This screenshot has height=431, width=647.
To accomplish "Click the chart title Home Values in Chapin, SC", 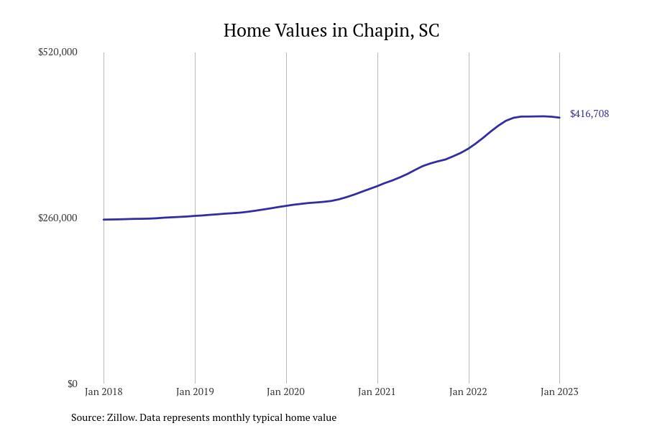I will tap(331, 30).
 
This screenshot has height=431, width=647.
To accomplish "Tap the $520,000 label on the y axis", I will tap(58, 52).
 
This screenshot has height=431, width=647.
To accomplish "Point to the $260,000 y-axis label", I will tap(58, 218).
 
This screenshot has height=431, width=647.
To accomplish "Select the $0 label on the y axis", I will tap(72, 384).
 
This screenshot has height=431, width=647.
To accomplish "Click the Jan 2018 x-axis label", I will tap(104, 391).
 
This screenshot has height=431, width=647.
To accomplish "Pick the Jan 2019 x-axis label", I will tap(195, 391).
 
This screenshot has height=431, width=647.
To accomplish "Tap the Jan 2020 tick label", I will tap(285, 391).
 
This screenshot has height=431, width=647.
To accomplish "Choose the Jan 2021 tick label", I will tap(377, 391).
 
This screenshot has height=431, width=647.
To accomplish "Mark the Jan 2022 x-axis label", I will tap(468, 391).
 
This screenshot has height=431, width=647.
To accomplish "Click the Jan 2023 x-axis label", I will tap(559, 391).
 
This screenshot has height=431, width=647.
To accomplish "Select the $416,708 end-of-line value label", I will tap(589, 113).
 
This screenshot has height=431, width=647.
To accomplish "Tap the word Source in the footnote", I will tap(86, 417).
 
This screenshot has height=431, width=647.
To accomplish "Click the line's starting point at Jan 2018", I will tap(104, 219).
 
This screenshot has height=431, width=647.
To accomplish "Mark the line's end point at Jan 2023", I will tap(559, 117).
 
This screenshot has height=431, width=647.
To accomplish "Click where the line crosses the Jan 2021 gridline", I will tap(377, 186).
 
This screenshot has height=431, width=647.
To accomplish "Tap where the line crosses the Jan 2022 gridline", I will tap(469, 148).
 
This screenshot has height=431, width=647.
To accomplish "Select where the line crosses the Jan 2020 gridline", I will tap(286, 205).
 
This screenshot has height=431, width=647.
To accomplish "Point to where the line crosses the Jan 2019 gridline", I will tap(195, 215).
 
